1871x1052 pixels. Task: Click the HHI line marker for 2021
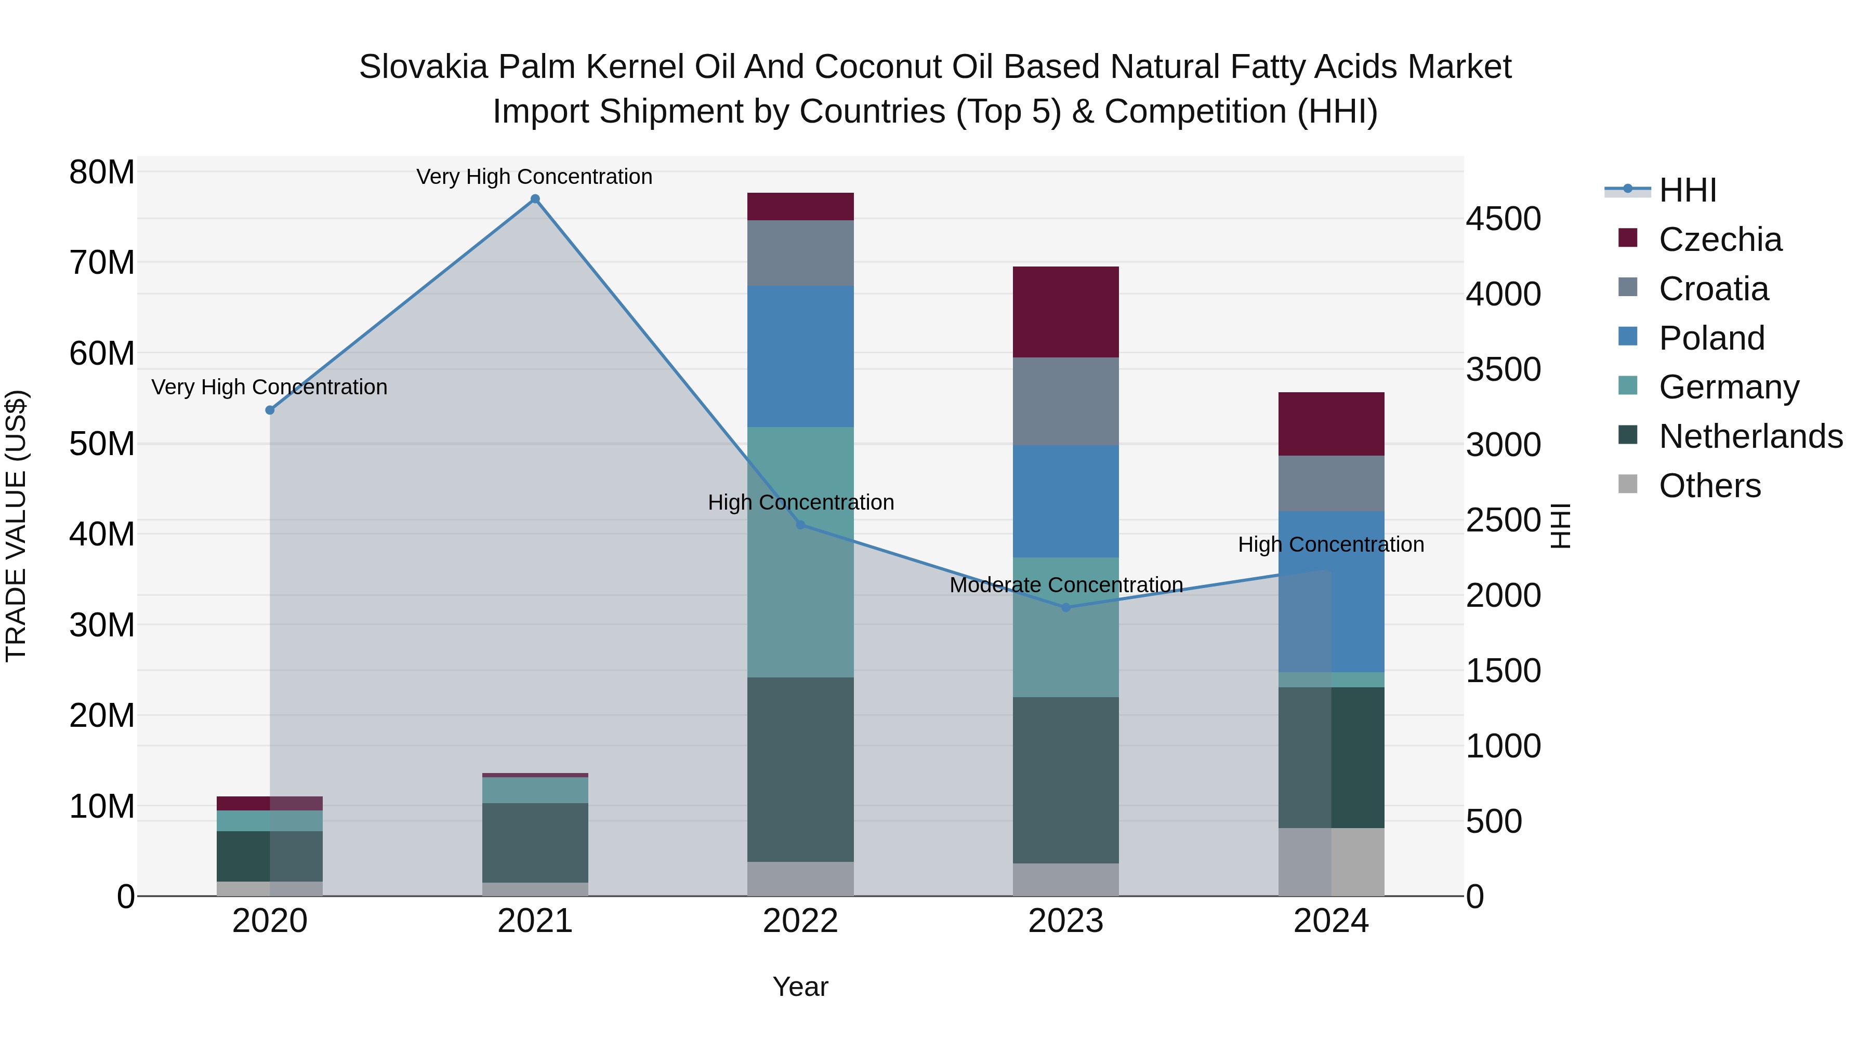point(535,199)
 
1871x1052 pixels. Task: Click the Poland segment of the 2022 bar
point(800,356)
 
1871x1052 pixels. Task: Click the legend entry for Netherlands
point(1750,436)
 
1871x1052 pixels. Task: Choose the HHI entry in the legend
point(1687,190)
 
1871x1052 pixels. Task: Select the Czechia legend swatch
point(1628,238)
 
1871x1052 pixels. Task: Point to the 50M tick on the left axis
point(102,444)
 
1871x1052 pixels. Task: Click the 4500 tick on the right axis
point(1503,219)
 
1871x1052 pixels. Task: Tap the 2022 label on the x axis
point(800,921)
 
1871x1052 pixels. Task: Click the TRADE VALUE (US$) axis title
point(16,526)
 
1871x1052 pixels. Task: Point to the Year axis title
point(800,987)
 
